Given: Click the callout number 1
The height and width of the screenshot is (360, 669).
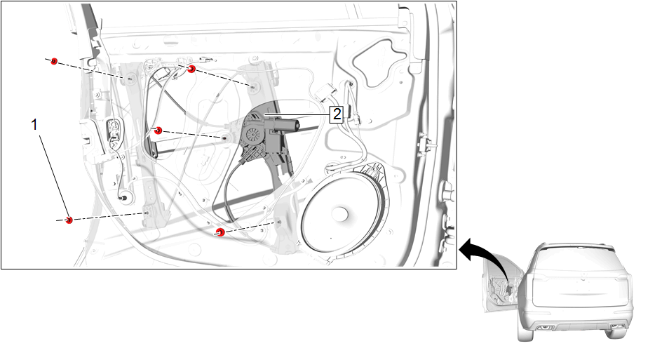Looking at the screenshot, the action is (x=34, y=125).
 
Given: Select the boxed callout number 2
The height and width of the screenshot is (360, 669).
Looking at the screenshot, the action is (x=337, y=114).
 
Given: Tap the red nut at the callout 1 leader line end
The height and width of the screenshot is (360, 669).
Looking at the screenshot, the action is (x=69, y=220).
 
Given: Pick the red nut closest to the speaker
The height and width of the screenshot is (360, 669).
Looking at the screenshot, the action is (x=220, y=232).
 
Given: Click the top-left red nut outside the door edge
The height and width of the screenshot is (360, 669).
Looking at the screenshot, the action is (x=54, y=61).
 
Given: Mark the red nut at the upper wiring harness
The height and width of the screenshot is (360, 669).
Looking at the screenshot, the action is (x=191, y=69).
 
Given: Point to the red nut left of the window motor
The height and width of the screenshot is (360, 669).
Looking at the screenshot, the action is (x=158, y=131).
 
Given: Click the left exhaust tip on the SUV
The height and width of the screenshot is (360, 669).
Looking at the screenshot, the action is (x=544, y=328).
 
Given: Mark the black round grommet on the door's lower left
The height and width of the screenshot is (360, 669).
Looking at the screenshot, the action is (x=126, y=197).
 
